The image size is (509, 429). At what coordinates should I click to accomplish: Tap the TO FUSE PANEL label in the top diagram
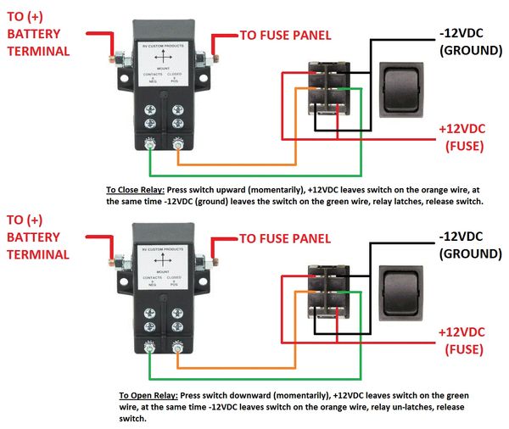click(x=285, y=36)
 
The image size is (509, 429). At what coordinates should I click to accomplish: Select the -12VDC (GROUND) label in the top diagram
click(x=470, y=42)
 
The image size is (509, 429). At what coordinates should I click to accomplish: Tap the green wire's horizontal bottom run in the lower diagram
click(x=255, y=379)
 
